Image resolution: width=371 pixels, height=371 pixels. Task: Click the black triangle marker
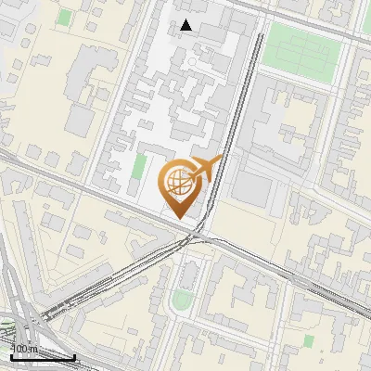187,25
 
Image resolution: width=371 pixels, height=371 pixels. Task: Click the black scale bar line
41,357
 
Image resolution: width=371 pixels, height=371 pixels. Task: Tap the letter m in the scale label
33,349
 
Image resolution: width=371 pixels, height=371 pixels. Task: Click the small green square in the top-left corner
64,17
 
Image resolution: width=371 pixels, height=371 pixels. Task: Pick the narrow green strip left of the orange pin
139,168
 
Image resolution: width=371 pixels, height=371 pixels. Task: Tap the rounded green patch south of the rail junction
183,299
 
